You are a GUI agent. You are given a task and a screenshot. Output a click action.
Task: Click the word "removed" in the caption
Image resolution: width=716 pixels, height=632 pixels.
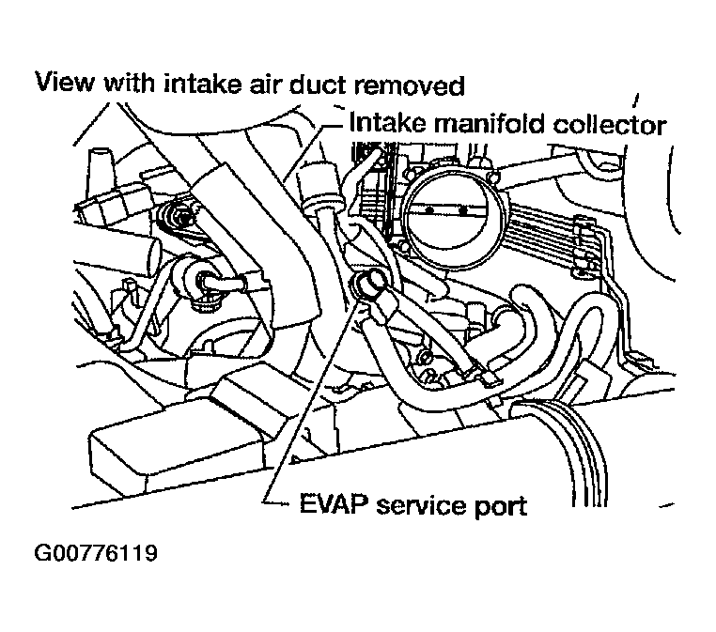point(412,85)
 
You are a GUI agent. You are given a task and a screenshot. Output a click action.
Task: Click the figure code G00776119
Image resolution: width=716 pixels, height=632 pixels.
point(95,552)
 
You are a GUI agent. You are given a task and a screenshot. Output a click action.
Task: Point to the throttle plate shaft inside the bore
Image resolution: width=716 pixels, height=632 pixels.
point(443,208)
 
